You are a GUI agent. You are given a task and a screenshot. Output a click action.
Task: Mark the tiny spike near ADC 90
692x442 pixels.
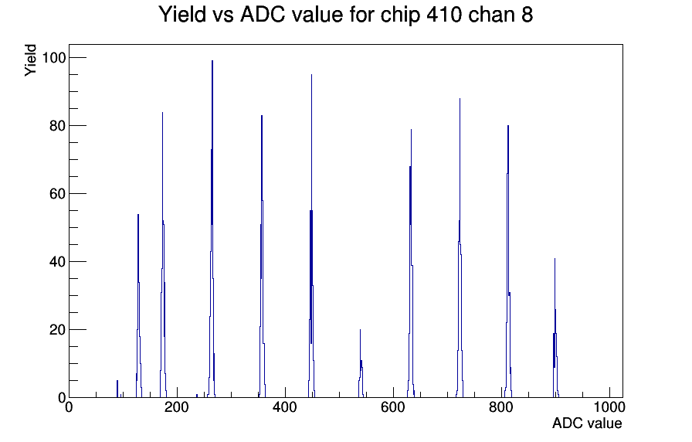pos(117,389)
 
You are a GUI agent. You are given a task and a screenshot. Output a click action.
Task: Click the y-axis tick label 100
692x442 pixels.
pos(53,58)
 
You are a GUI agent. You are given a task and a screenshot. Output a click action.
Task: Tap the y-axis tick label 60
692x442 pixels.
pos(58,194)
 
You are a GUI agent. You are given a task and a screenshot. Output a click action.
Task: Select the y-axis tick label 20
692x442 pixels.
pos(58,330)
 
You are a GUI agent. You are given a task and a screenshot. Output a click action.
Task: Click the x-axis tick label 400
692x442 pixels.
pos(285,407)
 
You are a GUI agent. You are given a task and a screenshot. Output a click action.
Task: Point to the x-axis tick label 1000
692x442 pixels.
pos(609,407)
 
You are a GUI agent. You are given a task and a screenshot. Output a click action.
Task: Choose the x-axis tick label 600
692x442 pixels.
pos(393,407)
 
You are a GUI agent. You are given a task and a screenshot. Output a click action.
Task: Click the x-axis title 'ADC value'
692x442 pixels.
pos(587,423)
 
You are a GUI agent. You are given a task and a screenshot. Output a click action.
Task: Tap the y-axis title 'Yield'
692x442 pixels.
pos(30,60)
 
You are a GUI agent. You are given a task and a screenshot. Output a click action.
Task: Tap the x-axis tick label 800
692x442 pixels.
pos(501,407)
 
